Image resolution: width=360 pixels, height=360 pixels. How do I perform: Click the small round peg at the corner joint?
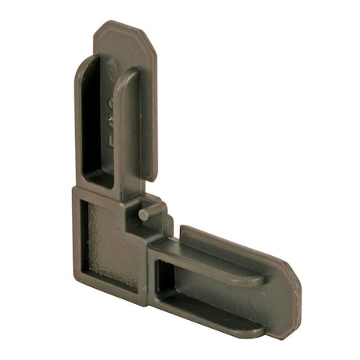[x=142, y=214]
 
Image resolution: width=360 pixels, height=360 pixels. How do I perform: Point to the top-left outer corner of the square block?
[x=73, y=191]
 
